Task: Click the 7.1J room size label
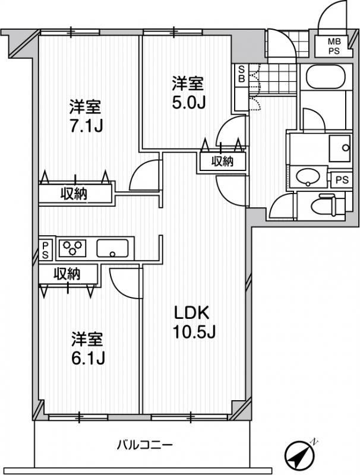[x=86, y=116]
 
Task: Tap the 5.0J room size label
[x=189, y=93]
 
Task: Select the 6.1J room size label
[x=88, y=349]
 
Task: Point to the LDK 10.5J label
[x=194, y=322]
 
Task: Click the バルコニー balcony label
[x=145, y=445]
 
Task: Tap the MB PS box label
[x=334, y=46]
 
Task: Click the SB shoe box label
[x=242, y=74]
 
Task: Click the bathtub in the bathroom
[x=326, y=77]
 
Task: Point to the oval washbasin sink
[x=308, y=176]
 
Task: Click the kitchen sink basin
[x=112, y=248]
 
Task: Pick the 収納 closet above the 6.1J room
[x=68, y=274]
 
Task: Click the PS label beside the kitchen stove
[x=45, y=250]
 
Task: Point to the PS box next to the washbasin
[x=342, y=180]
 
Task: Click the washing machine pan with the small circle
[x=339, y=148]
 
